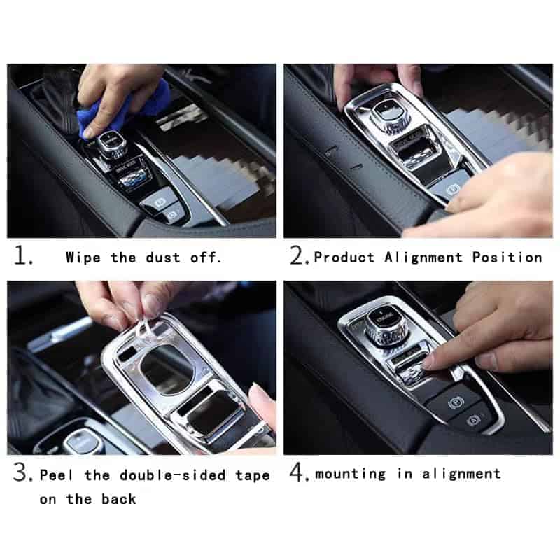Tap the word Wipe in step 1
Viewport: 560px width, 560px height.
(83, 258)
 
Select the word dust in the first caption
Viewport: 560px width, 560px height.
(163, 258)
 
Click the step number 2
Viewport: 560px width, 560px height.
(300, 255)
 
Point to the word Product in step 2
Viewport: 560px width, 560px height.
(344, 257)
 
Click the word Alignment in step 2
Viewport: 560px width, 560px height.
(423, 258)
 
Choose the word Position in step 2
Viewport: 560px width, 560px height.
(507, 257)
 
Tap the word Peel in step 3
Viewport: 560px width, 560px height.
(57, 475)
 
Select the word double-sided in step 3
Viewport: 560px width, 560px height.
(173, 475)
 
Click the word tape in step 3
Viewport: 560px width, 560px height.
(253, 476)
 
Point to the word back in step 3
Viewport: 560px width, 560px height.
(118, 499)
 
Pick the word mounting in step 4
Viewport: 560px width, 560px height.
(351, 475)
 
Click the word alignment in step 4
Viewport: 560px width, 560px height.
(462, 475)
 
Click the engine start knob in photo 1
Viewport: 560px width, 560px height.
(111, 146)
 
